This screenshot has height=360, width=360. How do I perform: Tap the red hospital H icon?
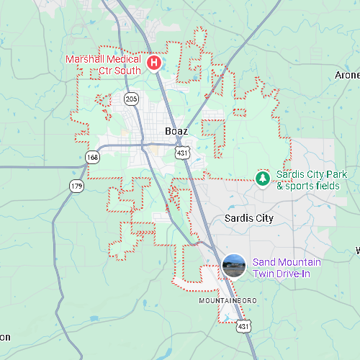pos(154,63)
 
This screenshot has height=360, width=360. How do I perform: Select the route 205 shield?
pos(130,98)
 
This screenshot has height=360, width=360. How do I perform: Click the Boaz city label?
pos(176,131)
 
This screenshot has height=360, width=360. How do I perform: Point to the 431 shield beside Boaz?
pos(184,153)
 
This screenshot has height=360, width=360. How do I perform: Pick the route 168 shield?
pos(92,157)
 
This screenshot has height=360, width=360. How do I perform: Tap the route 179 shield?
pos(76,186)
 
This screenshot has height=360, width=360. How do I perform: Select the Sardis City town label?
pos(249,217)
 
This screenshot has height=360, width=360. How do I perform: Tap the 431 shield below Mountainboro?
pos(245,325)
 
